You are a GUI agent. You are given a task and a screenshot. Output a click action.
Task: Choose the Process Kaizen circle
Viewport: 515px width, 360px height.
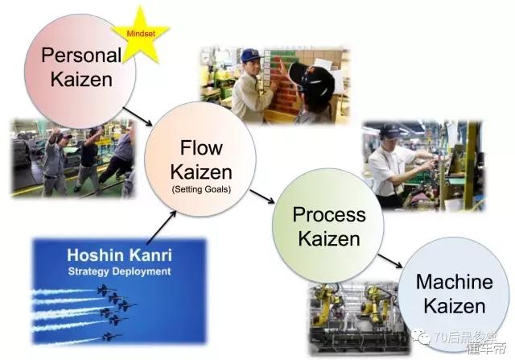(x=328, y=228)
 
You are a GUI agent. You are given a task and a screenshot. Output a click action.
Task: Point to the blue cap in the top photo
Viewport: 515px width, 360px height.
(x=250, y=56)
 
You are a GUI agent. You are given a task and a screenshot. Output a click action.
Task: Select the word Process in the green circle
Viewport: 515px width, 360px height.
(x=329, y=215)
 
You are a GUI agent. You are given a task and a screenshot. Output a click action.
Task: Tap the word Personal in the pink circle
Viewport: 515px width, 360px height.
(x=80, y=56)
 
